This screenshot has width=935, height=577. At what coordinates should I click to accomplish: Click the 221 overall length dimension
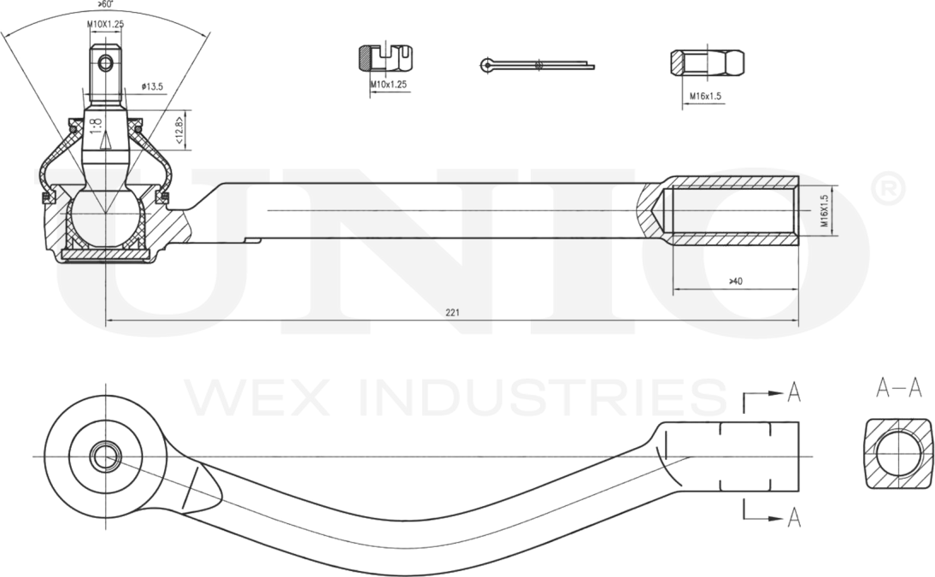click(x=452, y=312)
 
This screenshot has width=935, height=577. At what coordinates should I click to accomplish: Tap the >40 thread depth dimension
click(x=736, y=281)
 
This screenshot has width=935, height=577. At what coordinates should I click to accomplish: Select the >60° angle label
click(x=106, y=4)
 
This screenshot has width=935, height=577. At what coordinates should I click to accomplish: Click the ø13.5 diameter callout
click(x=152, y=87)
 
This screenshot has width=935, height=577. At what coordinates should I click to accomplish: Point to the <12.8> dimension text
click(x=179, y=130)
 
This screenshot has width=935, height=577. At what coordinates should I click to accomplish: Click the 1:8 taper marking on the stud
click(x=96, y=126)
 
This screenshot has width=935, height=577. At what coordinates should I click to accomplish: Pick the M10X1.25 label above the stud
click(x=105, y=25)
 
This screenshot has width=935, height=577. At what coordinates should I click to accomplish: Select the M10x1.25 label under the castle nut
click(x=389, y=85)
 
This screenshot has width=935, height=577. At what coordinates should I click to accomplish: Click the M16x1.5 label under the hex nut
click(x=705, y=96)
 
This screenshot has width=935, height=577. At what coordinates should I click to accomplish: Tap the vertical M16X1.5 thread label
click(x=825, y=210)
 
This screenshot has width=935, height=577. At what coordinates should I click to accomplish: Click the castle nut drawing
click(x=385, y=58)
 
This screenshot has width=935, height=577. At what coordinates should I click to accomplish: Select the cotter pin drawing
click(x=537, y=64)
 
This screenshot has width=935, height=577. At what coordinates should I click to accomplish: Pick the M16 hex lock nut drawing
click(x=707, y=62)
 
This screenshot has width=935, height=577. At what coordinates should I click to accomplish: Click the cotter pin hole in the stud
click(x=105, y=62)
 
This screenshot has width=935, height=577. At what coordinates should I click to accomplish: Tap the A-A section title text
click(x=899, y=388)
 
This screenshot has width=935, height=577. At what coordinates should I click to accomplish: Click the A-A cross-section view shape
click(x=897, y=454)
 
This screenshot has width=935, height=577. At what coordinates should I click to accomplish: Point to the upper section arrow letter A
click(x=794, y=392)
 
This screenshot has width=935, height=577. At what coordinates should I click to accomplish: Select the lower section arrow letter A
click(x=794, y=517)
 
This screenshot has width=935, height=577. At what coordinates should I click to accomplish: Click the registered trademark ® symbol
click(x=888, y=190)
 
